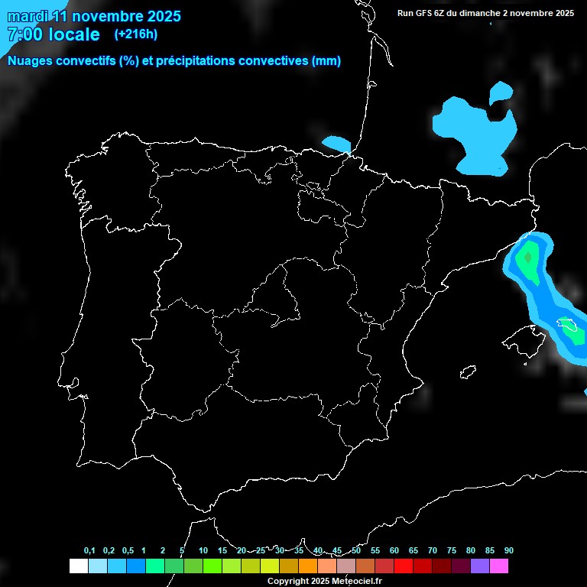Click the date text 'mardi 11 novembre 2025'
click(94, 17)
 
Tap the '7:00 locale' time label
click(53, 34)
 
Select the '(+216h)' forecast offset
click(135, 34)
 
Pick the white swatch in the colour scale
click(78, 566)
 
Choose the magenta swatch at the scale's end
click(499, 566)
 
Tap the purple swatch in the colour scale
click(480, 566)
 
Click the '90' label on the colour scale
click(508, 551)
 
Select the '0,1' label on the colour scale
click(89, 551)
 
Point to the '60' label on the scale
click(394, 551)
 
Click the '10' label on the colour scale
click(203, 551)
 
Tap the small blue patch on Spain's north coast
click(336, 143)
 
